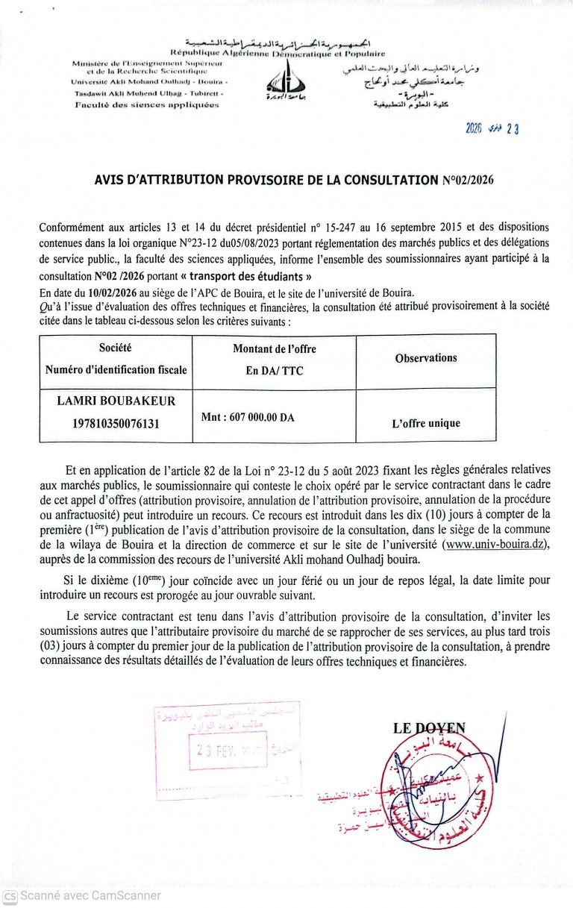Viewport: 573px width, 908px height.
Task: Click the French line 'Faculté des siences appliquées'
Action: [147, 105]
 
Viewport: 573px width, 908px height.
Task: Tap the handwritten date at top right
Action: [492, 128]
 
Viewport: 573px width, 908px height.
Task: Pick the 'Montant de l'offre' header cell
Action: [274, 348]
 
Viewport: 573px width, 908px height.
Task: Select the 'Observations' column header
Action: [425, 358]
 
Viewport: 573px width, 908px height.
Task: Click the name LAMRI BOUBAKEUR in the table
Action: [116, 401]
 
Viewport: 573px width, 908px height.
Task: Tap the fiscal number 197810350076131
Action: [116, 423]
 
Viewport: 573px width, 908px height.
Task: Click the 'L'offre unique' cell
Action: [425, 423]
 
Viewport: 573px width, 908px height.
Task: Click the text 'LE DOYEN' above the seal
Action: [429, 728]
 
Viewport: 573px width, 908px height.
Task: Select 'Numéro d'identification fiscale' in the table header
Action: [116, 369]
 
